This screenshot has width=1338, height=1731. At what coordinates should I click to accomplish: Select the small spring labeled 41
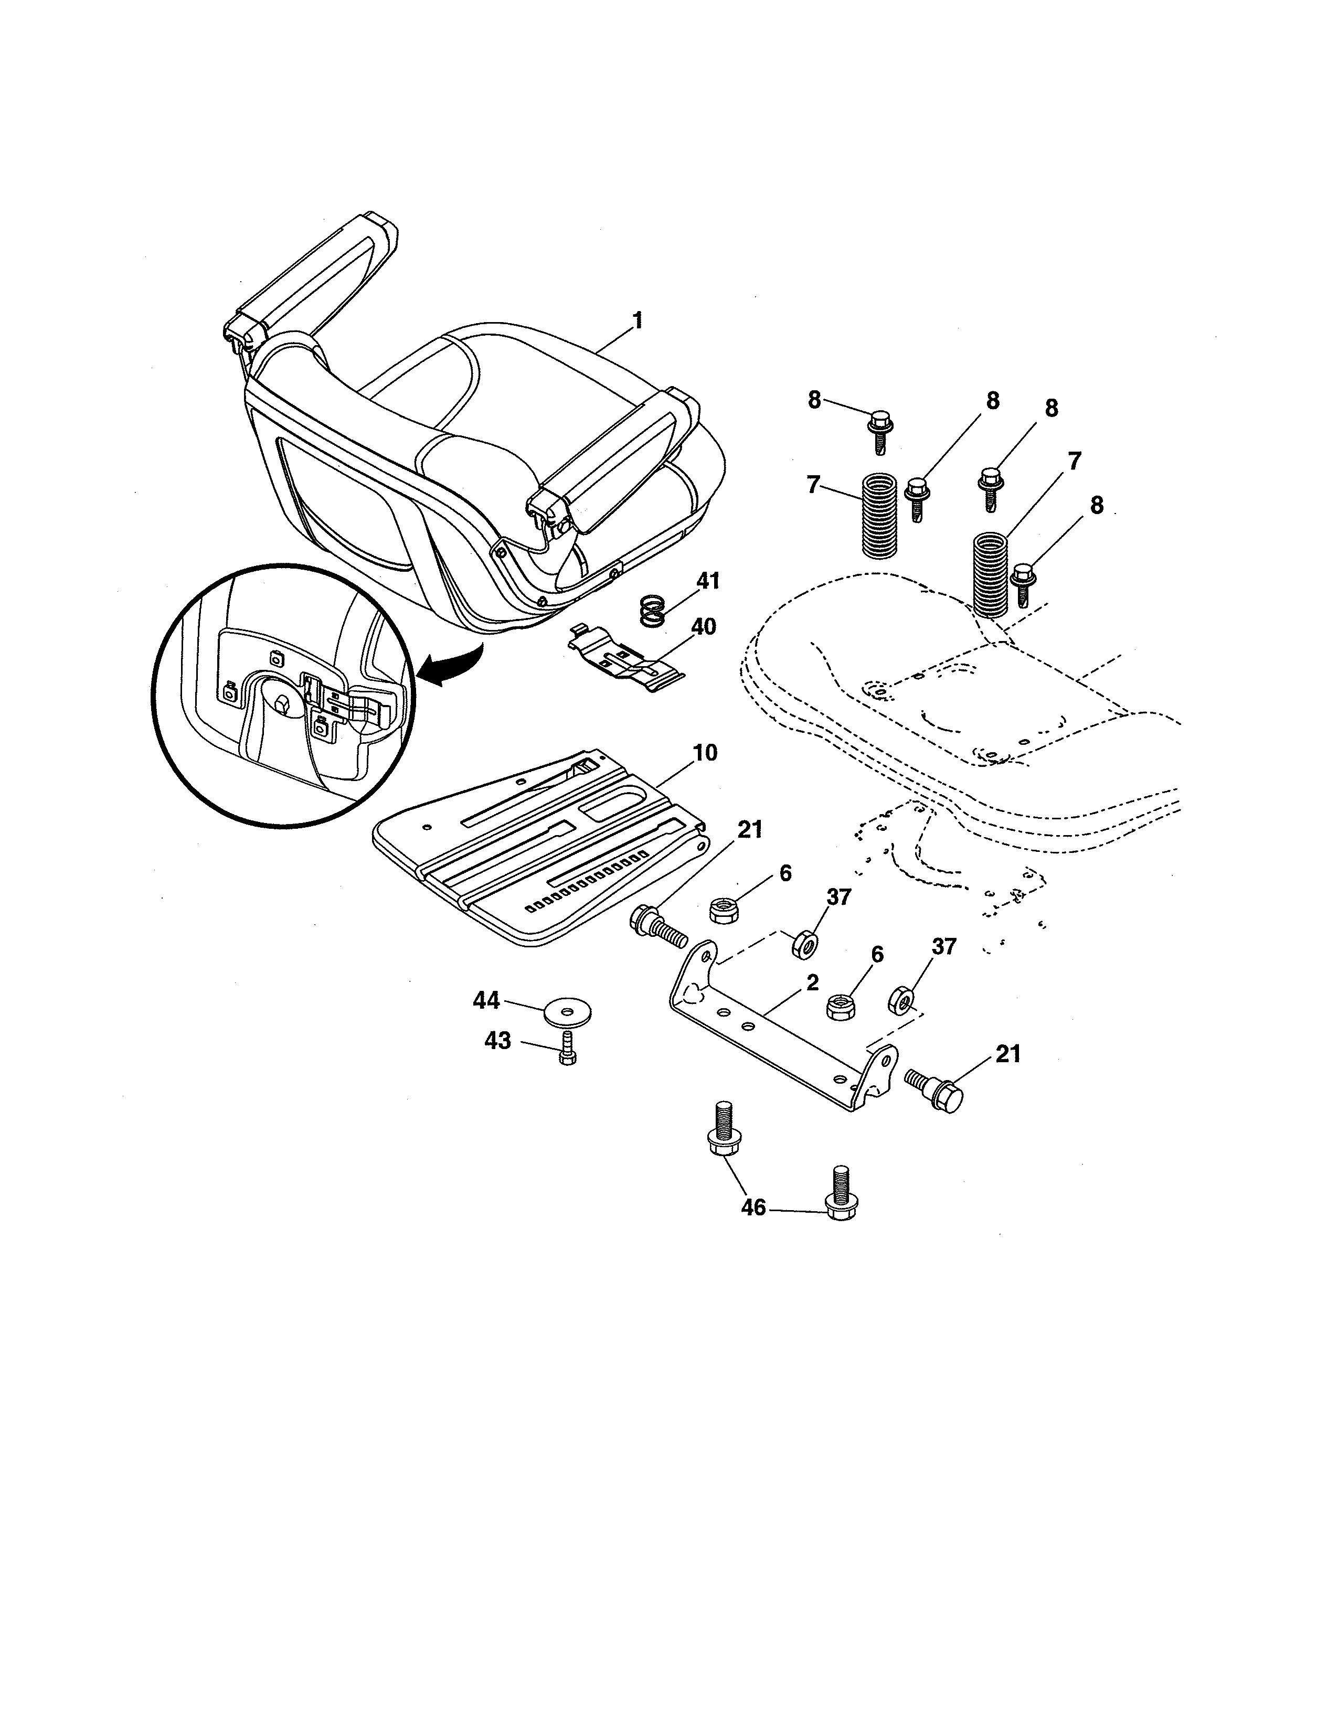651,613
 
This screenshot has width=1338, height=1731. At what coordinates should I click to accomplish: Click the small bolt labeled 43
566,1050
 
